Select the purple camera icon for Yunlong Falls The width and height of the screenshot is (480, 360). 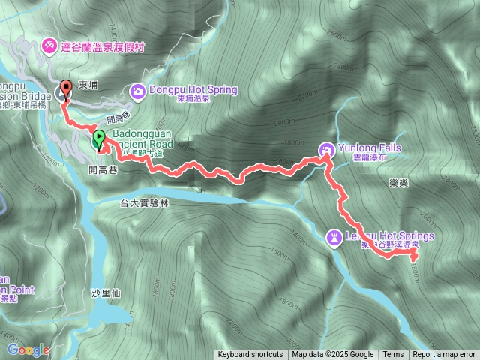(x=327, y=148)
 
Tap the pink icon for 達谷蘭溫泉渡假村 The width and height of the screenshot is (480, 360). (x=49, y=46)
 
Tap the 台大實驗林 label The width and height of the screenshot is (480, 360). (x=145, y=203)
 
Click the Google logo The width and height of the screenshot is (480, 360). (x=28, y=349)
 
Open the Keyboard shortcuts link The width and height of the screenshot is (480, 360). (x=250, y=355)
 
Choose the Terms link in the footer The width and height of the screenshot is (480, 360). (x=393, y=355)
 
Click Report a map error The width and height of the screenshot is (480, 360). (x=444, y=355)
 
